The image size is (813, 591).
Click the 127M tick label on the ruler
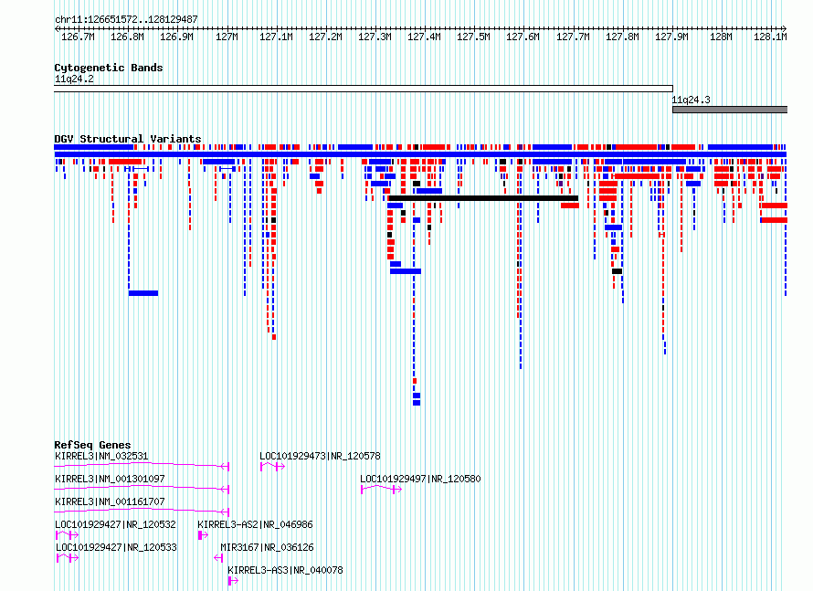coord(227,37)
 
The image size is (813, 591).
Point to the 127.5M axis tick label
coord(473,37)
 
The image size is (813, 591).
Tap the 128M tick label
coord(721,37)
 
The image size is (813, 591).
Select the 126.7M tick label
coord(78,37)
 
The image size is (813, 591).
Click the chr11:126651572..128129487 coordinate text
coord(126,20)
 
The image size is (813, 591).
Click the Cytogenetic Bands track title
coord(109,68)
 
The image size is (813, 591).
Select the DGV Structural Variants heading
coord(128,139)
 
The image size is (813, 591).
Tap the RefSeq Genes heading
coord(92,445)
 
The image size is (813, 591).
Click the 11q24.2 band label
coord(74,79)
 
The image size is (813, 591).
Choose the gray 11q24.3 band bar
coord(730,110)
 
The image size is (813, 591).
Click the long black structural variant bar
coord(483,198)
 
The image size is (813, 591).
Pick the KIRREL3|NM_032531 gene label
coord(101,456)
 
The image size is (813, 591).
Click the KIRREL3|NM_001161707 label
coord(110,501)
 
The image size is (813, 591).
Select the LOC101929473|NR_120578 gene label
coord(320,456)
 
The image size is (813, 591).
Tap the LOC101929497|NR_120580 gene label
coord(420,479)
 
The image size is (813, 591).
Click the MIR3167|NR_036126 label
coord(267,547)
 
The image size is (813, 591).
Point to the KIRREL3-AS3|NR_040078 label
coord(285,570)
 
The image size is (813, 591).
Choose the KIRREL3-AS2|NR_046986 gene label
coord(255,524)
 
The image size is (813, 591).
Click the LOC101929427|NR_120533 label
coord(116,547)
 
